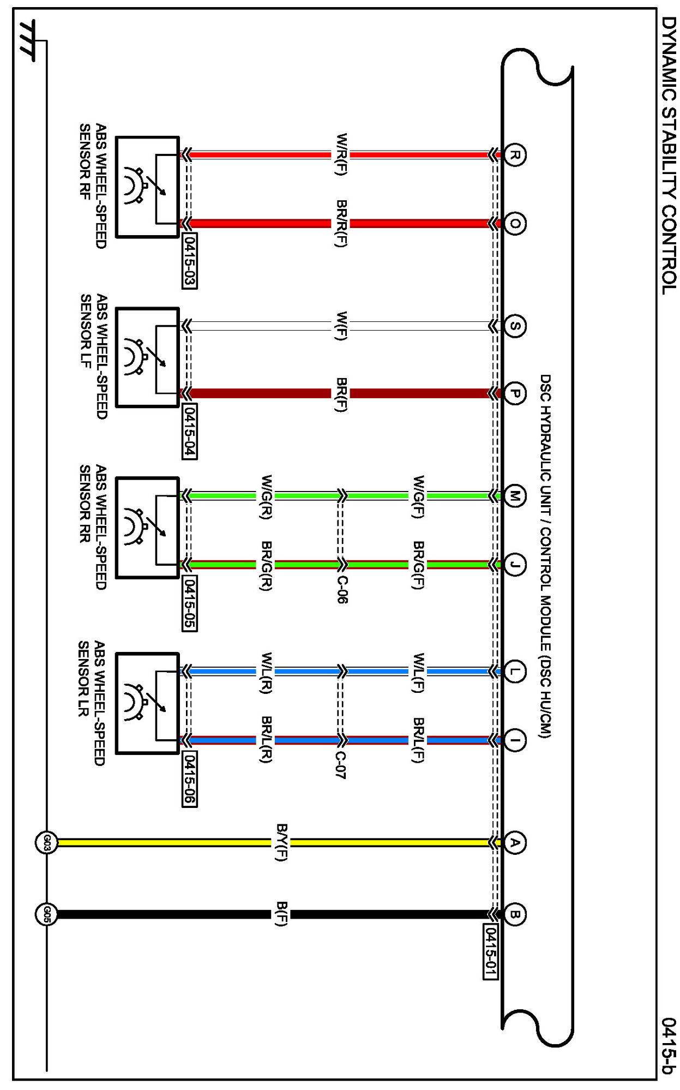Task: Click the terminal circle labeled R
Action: (514, 155)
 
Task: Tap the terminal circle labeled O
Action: (514, 223)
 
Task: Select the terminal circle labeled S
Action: (514, 326)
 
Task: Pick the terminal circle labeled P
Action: (514, 393)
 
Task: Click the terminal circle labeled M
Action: (514, 496)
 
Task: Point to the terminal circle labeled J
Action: (514, 564)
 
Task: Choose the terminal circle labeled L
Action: (514, 671)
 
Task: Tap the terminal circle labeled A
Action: (514, 843)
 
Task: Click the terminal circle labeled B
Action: (514, 914)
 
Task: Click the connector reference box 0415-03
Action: (189, 261)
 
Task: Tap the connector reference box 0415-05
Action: (189, 603)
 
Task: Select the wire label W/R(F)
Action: (341, 154)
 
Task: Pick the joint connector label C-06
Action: (341, 590)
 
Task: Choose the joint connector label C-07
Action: (341, 765)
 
